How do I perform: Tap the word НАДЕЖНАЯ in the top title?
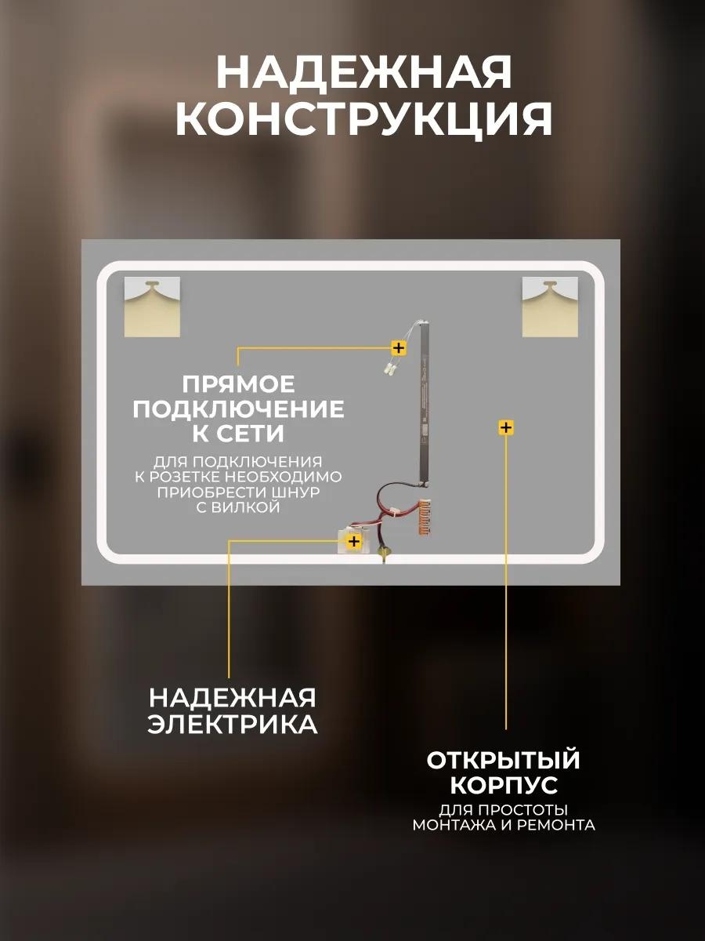click(363, 71)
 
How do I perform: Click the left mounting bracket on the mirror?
click(152, 307)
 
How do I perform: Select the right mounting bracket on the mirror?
click(550, 307)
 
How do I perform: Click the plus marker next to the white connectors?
click(399, 347)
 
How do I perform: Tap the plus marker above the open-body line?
click(506, 427)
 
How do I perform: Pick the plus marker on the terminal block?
click(353, 541)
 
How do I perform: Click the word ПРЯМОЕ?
click(238, 384)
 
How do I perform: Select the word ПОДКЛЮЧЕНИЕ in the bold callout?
click(238, 409)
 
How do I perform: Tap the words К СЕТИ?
click(238, 434)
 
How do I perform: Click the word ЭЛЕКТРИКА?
click(233, 725)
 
